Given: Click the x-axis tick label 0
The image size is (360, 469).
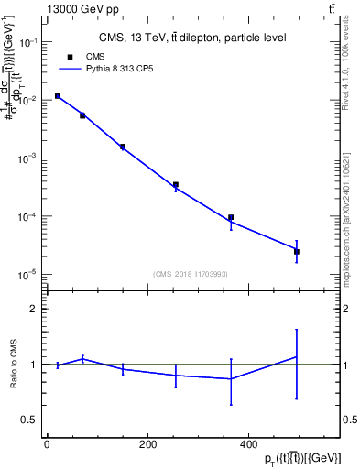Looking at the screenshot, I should (x=47, y=444).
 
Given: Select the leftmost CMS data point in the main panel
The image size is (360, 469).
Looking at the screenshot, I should (x=57, y=96).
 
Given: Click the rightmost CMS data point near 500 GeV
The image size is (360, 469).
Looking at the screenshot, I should (x=297, y=251).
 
